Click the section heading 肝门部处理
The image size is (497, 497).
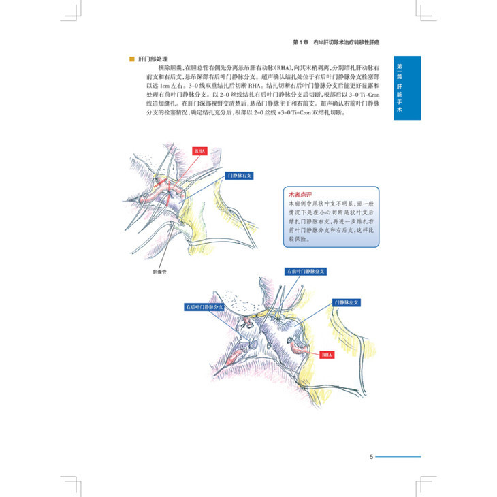[x=153, y=59]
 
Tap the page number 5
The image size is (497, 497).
[x=370, y=456]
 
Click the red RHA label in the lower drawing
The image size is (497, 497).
[x=328, y=354]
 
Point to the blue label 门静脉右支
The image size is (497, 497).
[x=242, y=175]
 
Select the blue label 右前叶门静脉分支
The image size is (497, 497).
[x=306, y=271]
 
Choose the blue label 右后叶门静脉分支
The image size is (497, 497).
[x=203, y=308]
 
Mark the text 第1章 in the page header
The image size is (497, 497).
[x=300, y=42]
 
